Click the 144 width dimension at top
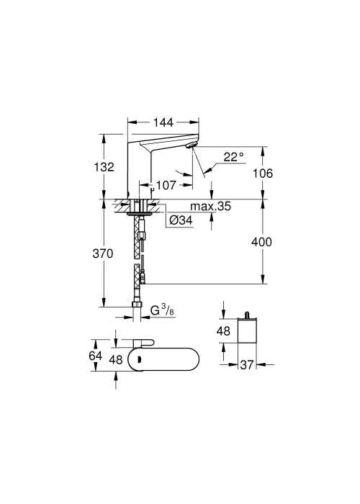click(x=163, y=122)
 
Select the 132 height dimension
click(x=104, y=167)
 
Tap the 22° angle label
click(x=234, y=157)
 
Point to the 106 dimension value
click(x=263, y=174)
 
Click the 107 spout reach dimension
click(x=166, y=185)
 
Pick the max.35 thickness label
click(x=210, y=206)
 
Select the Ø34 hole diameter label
click(x=181, y=220)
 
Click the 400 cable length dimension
click(x=261, y=242)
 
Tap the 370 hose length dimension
click(x=103, y=254)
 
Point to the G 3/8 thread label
click(x=162, y=310)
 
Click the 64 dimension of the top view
click(x=96, y=356)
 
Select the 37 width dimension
click(x=247, y=365)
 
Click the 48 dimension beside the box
click(x=223, y=330)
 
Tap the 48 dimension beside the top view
click(x=116, y=360)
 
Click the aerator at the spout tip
click(x=190, y=145)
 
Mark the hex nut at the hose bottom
click(x=138, y=305)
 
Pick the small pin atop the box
click(x=247, y=315)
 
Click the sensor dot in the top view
click(x=140, y=359)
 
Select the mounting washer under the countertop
click(x=140, y=213)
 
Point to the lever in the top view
click(x=144, y=343)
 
